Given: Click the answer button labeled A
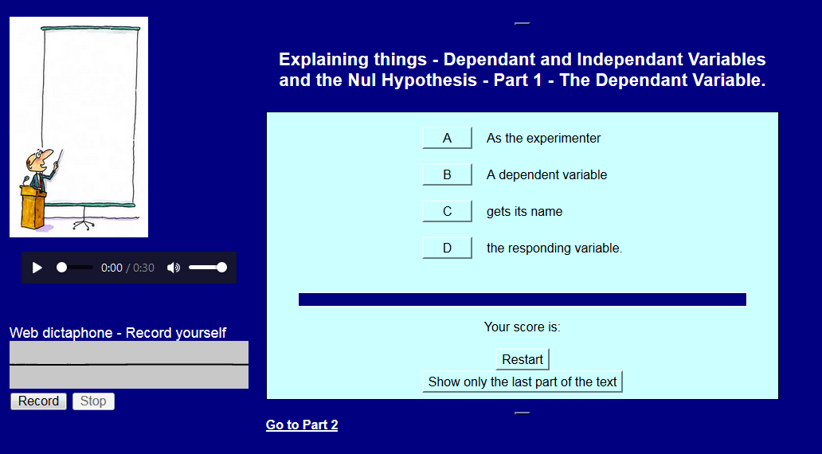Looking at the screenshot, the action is click(447, 138).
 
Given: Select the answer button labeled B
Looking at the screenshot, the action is click(447, 174).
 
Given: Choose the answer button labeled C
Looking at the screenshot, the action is click(447, 211).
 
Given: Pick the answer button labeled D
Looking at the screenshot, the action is click(447, 248).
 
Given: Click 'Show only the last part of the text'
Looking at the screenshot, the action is click(523, 382).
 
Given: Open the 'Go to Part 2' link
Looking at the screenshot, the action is click(302, 425).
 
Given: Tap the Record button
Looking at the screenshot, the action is click(38, 401).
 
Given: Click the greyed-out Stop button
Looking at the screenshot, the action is click(93, 401).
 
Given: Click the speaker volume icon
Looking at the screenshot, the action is click(174, 268).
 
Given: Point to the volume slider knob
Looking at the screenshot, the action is click(221, 268).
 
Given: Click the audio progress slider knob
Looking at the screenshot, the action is click(62, 268).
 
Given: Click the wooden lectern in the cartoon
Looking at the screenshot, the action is click(33, 207).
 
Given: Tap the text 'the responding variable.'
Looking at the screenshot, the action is click(554, 248).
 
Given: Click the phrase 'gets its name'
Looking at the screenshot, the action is click(524, 211).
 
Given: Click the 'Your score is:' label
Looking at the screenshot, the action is click(523, 327).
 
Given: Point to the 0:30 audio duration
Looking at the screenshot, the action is click(143, 268).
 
